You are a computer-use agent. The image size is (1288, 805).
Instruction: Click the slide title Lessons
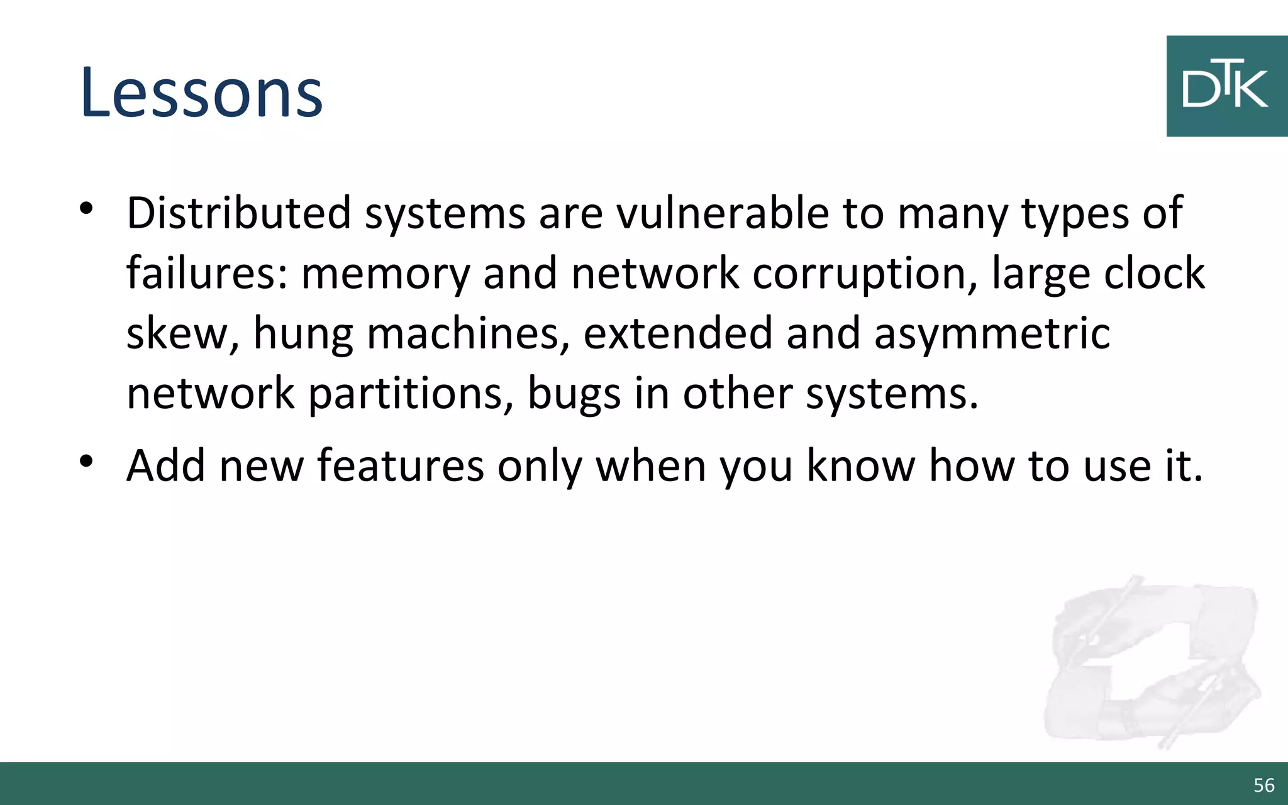pyautogui.click(x=201, y=92)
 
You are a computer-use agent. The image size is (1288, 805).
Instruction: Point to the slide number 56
pyautogui.click(x=1263, y=785)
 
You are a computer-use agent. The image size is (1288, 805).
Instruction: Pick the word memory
pyautogui.click(x=385, y=273)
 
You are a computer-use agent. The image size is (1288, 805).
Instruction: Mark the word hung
pyautogui.click(x=303, y=333)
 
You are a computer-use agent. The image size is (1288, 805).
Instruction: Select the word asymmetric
pyautogui.click(x=992, y=333)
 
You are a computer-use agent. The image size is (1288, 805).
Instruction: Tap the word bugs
pyautogui.click(x=574, y=394)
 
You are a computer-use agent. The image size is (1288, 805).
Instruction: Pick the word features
pyautogui.click(x=400, y=465)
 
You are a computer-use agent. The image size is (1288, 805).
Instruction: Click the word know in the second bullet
pyautogui.click(x=860, y=465)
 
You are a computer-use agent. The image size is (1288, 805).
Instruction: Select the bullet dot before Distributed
pyautogui.click(x=87, y=208)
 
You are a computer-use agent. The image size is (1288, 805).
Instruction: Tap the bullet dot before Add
pyautogui.click(x=87, y=460)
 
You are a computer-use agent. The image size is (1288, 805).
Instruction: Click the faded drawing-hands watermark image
pyautogui.click(x=1151, y=660)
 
